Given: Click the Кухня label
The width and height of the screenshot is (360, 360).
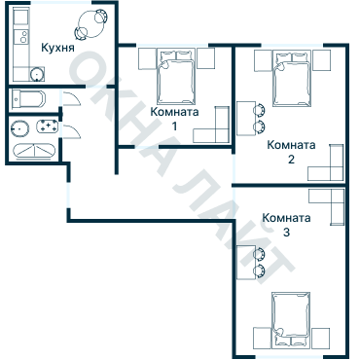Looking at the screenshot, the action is (57, 48).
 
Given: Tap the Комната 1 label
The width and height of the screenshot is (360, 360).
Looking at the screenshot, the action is (174, 119).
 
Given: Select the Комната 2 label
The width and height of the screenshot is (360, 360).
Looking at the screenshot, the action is (291, 152).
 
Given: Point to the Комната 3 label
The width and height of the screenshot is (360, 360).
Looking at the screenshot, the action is (286, 225).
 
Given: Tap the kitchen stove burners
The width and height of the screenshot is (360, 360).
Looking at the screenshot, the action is (23, 36).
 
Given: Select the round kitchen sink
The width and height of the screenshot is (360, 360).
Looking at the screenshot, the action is (37, 74).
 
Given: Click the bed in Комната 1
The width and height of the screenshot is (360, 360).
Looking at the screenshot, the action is (176, 77).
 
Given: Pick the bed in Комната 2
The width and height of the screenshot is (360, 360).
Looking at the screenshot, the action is (292, 78).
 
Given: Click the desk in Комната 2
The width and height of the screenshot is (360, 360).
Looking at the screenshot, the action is (246, 119).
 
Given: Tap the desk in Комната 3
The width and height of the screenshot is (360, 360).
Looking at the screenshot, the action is (246, 263).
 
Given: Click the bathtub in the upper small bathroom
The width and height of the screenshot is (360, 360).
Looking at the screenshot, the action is (28, 100).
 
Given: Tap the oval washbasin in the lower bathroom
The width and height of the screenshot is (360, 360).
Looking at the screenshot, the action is (19, 128).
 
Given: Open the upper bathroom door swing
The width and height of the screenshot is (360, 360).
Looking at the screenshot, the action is (72, 98).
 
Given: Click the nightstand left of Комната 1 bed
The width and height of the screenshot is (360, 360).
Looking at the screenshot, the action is (148, 58).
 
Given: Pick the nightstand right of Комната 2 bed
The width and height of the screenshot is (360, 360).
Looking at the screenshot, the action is (322, 60).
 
